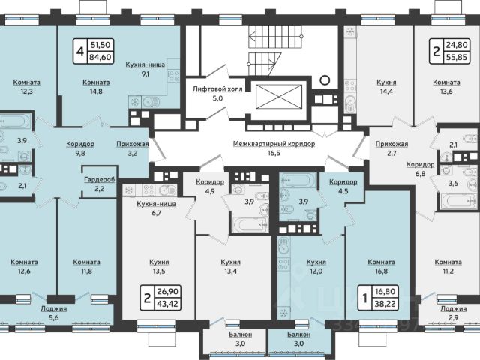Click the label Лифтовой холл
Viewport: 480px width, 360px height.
tap(217, 89)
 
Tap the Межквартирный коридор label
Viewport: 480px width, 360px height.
tap(274, 144)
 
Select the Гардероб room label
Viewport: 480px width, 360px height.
tap(100, 180)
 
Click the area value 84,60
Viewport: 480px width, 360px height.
tap(100, 57)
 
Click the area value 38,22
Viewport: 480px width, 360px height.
tap(385, 304)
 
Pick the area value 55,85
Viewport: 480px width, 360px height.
tap(457, 57)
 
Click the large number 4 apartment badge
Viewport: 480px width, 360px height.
tap(80, 51)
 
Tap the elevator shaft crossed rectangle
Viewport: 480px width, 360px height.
tap(279, 97)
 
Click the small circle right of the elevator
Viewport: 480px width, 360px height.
tap(325, 80)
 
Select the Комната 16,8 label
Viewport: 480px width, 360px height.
tap(381, 266)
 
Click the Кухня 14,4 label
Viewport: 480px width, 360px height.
tap(386, 87)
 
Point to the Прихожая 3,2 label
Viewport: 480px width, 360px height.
tap(133, 148)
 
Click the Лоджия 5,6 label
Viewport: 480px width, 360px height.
tap(54, 313)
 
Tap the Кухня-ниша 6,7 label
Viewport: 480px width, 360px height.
tap(157, 208)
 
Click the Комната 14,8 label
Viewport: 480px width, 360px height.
tap(96, 87)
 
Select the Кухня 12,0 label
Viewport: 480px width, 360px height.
tap(316, 266)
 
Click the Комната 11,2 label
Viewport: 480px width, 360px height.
tap(448, 266)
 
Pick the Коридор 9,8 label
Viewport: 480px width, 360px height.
tap(80, 148)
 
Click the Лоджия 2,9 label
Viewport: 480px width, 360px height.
tap(454, 313)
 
